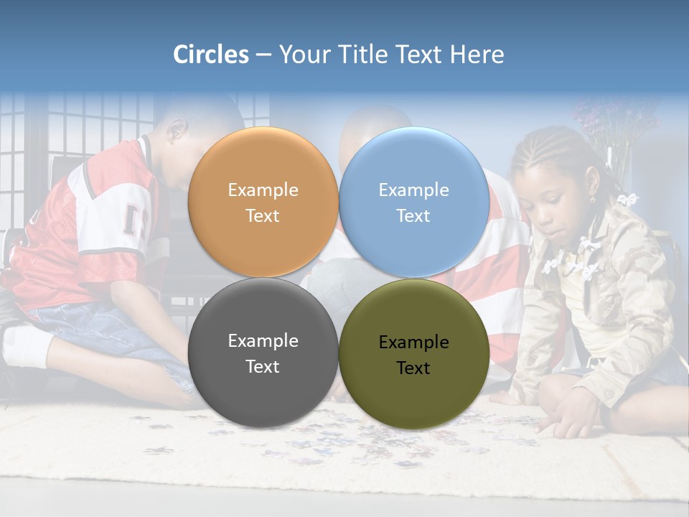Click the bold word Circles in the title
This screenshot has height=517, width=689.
[210, 54]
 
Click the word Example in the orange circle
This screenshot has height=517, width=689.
[263, 190]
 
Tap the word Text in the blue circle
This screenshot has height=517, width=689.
[413, 216]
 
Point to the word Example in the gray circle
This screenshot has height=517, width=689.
[263, 341]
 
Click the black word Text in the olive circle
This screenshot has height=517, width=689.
[413, 368]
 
